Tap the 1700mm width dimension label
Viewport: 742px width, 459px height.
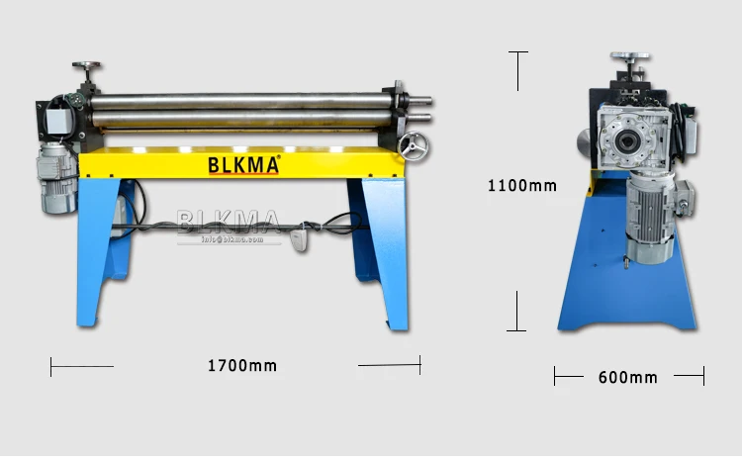(x=242, y=366)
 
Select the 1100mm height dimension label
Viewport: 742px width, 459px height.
(x=522, y=185)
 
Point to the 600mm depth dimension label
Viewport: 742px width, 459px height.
(x=627, y=377)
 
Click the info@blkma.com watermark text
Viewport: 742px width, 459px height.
(x=230, y=238)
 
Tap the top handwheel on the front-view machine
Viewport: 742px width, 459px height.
(x=87, y=67)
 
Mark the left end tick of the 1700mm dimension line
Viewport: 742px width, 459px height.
(x=51, y=366)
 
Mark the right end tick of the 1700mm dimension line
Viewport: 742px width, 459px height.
(x=420, y=365)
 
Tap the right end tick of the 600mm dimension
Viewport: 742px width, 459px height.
(x=703, y=376)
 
